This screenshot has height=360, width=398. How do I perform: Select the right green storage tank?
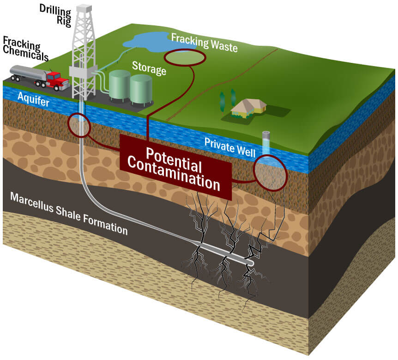[x=141, y=90]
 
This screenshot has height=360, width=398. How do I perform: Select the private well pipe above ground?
[x=266, y=140]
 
